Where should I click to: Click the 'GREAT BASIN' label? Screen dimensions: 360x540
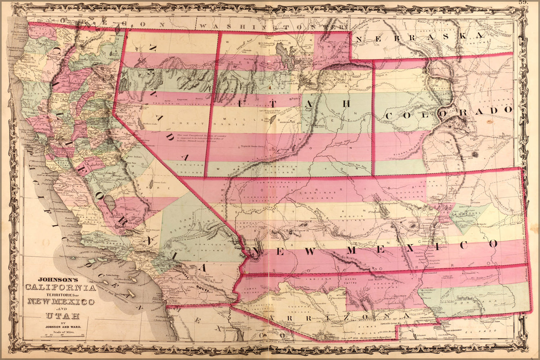(x=180, y=123)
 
